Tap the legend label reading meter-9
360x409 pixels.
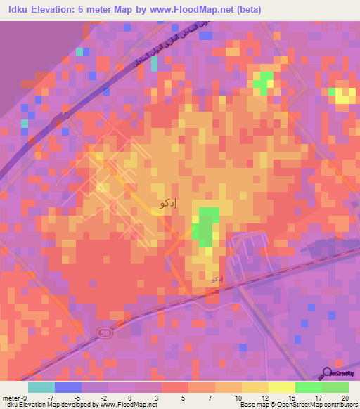14,398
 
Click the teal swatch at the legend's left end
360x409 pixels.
41,387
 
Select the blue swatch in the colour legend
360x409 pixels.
68,387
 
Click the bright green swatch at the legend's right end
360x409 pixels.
335,387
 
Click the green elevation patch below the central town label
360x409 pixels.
206,226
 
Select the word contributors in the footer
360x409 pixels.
339,405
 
